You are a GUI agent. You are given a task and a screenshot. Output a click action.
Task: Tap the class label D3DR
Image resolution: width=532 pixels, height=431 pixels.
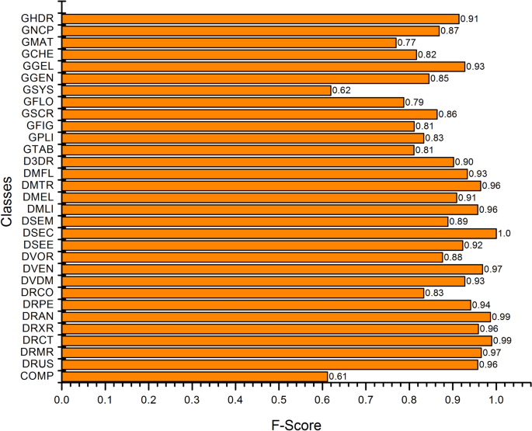click(x=37, y=162)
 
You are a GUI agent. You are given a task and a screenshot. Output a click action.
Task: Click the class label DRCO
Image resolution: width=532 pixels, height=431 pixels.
click(x=37, y=293)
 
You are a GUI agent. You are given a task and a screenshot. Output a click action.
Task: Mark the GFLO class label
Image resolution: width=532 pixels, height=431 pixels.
click(x=37, y=102)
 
